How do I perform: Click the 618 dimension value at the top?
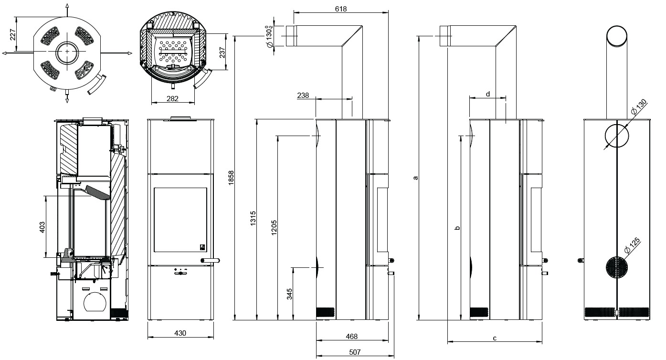point(341,9)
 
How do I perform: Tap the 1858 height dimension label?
point(231,178)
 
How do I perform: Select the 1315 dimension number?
point(253,218)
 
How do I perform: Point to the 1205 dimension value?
point(274,228)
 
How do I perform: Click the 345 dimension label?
point(289,294)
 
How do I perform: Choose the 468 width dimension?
point(351,337)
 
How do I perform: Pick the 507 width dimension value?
point(355,352)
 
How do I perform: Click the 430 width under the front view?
point(180,333)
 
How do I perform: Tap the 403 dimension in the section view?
point(42,227)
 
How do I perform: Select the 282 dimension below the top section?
point(172,98)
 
